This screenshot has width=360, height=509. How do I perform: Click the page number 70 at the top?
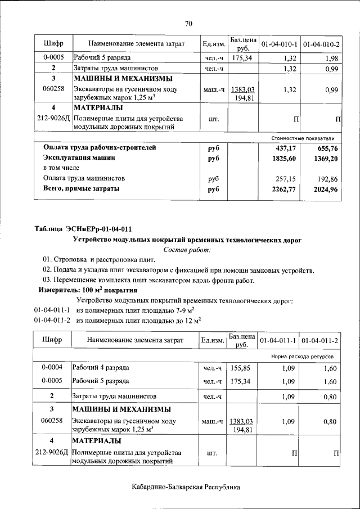pyautogui.click(x=188, y=23)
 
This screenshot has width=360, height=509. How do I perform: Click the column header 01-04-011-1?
pyautogui.click(x=279, y=341)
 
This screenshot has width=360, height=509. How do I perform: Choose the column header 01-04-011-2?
pyautogui.click(x=319, y=341)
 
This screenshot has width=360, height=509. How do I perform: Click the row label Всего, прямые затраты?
pyautogui.click(x=82, y=189)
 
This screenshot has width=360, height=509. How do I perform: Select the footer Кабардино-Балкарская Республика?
pyautogui.click(x=186, y=487)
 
